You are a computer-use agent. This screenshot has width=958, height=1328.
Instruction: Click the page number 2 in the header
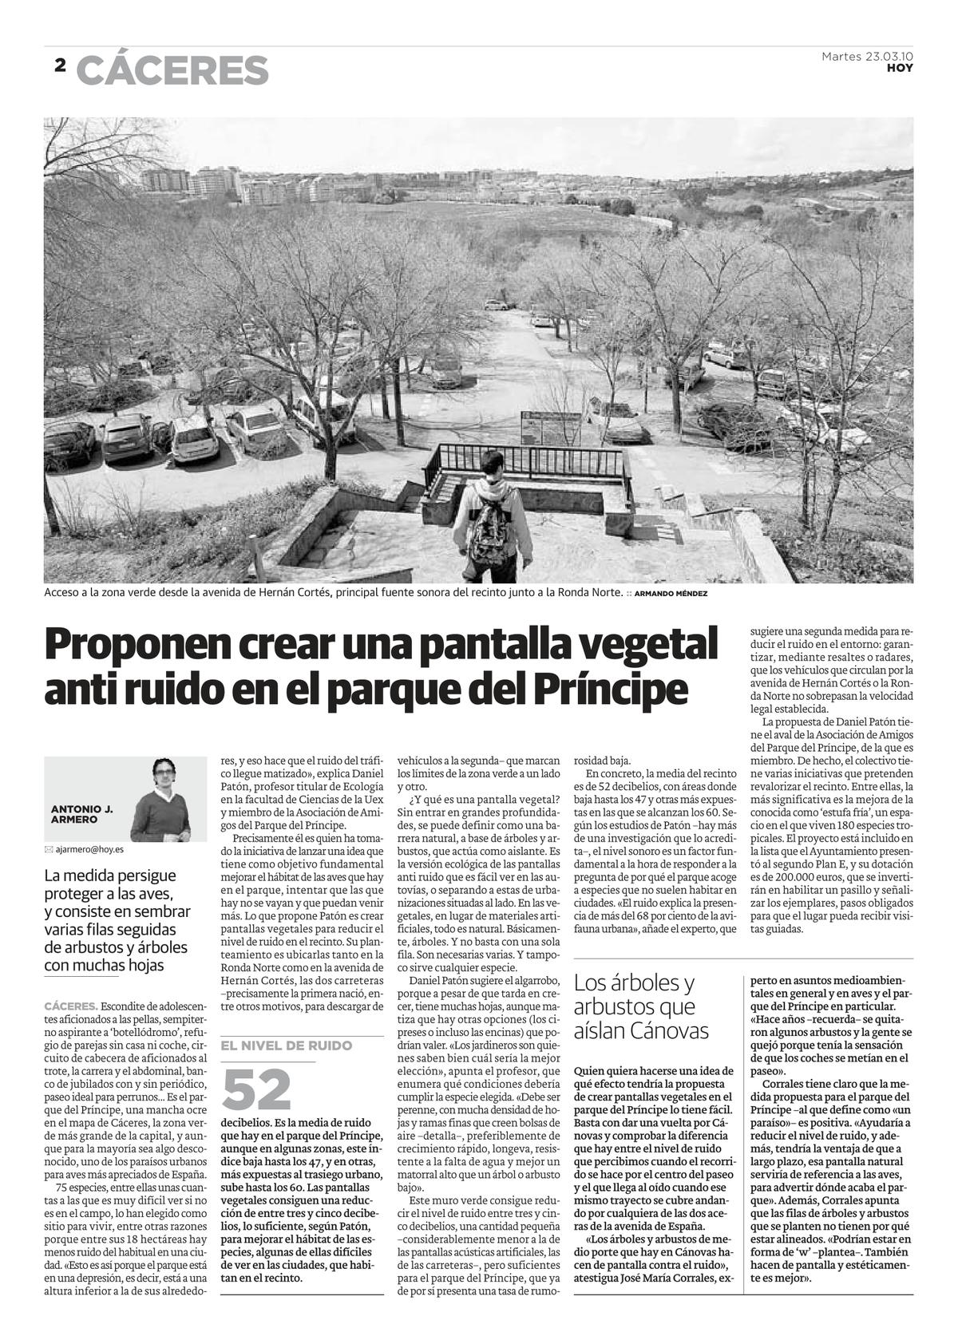tap(60, 66)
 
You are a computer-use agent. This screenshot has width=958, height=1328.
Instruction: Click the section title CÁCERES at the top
tap(172, 70)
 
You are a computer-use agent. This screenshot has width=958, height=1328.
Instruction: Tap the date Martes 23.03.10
tap(867, 57)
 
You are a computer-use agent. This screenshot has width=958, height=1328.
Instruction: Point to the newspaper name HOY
tap(901, 68)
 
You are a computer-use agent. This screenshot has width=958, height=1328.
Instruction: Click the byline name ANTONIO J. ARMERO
tap(81, 814)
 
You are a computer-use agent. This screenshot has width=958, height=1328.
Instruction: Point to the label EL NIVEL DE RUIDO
tap(286, 1045)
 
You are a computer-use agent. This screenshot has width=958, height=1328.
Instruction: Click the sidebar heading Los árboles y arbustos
tap(635, 994)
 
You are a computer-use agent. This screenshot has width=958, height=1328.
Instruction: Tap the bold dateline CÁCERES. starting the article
tap(72, 1006)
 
